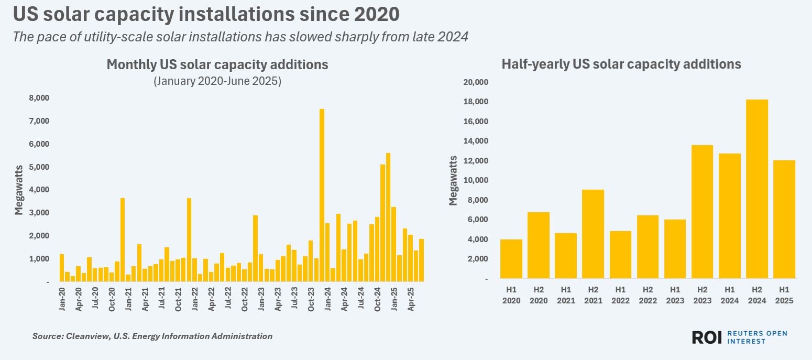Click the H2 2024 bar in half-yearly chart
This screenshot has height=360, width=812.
[756, 189]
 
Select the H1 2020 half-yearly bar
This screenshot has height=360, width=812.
[511, 259]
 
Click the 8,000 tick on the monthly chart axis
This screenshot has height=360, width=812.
[39, 98]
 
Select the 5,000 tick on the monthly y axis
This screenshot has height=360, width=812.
[39, 167]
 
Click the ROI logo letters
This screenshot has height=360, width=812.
[707, 337]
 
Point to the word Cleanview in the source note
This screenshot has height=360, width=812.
[82, 336]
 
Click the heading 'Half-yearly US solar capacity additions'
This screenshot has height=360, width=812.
[621, 64]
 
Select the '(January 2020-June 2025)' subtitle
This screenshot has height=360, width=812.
[217, 82]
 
